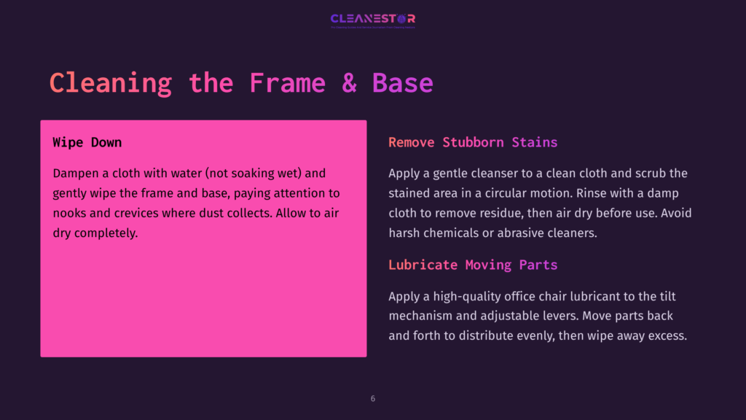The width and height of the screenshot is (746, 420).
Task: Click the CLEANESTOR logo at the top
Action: pos(372,19)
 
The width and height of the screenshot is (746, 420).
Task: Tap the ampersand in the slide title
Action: pos(350,82)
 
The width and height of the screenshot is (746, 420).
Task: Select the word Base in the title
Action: pos(403,82)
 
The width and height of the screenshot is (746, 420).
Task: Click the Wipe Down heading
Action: pos(87,142)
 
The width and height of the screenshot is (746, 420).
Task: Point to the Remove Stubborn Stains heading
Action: pos(473,142)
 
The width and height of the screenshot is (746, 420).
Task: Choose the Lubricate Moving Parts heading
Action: pos(473,265)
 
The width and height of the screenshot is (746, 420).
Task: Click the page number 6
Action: pos(373,399)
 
